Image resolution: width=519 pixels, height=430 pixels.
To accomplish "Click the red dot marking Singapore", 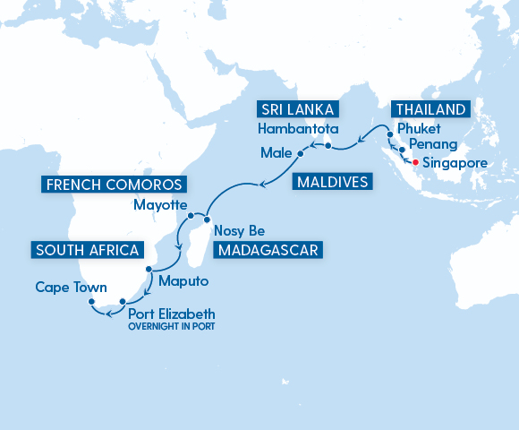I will click(414, 162).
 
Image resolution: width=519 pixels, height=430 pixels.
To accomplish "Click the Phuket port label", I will click(420, 129).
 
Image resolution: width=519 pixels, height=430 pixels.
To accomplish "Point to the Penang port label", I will click(433, 145).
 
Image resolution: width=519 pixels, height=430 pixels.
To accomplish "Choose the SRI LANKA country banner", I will click(298, 110).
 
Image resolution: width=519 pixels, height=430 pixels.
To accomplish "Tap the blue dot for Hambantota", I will click(328, 145).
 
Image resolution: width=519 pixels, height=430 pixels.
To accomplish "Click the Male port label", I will click(277, 153).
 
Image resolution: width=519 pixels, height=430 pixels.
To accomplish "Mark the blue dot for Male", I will click(301, 153).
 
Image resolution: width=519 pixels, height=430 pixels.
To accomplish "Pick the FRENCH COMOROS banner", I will click(114, 185).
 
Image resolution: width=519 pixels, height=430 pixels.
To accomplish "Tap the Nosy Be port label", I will click(241, 230).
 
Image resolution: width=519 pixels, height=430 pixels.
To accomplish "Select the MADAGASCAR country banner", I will click(268, 249).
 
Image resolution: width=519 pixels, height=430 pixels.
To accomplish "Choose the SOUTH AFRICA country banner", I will click(87, 249).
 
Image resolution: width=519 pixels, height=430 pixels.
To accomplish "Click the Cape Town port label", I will click(72, 288).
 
